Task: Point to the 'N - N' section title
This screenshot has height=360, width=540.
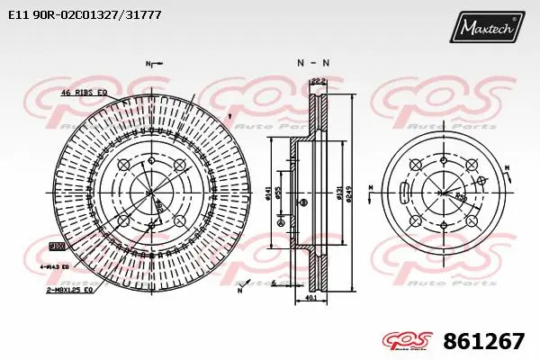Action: click(312, 62)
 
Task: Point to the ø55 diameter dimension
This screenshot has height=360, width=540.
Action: click(281, 192)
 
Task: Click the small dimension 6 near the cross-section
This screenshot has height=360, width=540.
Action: click(273, 282)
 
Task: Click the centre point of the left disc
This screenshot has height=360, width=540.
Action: click(151, 191)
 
